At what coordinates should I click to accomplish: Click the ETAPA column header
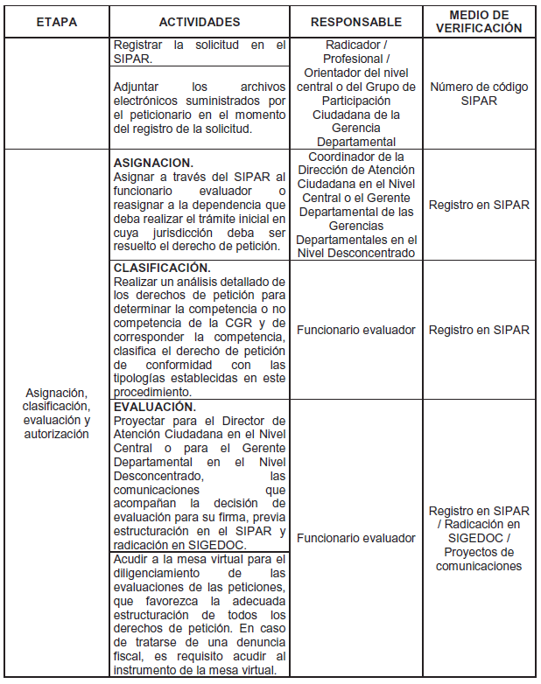click(56, 22)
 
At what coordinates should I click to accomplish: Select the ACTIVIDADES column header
click(199, 22)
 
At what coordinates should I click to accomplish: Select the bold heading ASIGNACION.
click(153, 163)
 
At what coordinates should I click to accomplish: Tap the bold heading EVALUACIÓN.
click(155, 408)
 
